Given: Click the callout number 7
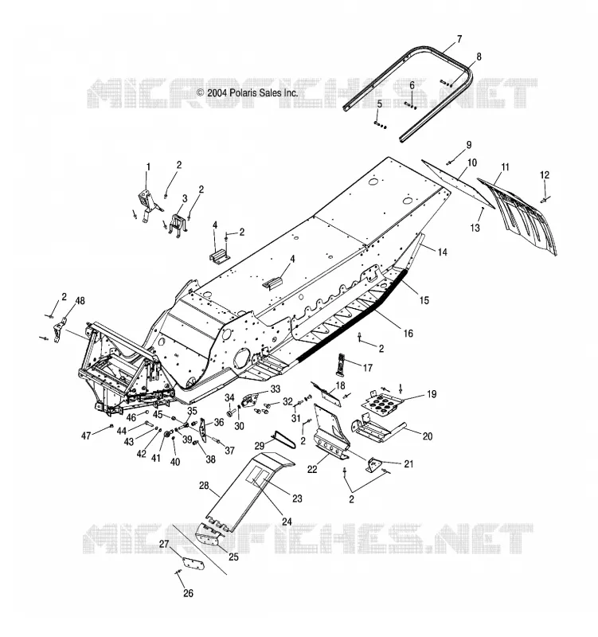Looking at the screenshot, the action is (x=459, y=39).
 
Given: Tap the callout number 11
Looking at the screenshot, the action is (x=505, y=166).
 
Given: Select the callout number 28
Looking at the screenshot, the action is (x=204, y=486).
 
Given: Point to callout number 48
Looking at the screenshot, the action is (x=80, y=301).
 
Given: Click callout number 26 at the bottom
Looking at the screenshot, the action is (x=188, y=593).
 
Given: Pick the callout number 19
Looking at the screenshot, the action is (x=432, y=393).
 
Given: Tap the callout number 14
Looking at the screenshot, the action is (x=442, y=252).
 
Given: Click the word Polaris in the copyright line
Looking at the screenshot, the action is (x=244, y=92).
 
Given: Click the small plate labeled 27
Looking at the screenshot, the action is (x=193, y=563).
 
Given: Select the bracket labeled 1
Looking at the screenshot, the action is (x=147, y=203).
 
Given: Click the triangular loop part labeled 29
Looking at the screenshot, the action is (x=284, y=439).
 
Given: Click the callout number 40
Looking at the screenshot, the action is (x=174, y=462).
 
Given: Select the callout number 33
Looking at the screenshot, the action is (x=276, y=389).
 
